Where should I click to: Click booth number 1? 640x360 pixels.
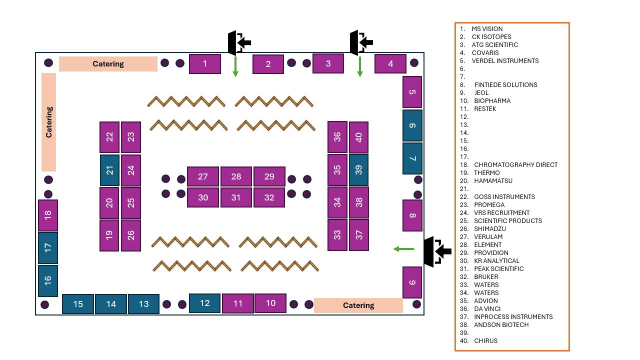[x=205, y=64]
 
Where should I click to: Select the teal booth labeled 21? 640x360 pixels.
[x=109, y=170]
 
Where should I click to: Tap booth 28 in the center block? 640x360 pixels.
[x=236, y=176]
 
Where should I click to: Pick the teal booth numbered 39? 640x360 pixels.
[x=358, y=170]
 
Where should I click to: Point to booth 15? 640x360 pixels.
[x=78, y=304]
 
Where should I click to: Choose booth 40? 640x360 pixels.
[x=358, y=137]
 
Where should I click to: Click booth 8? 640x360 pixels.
[x=412, y=215]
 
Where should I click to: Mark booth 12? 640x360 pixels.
[x=204, y=303]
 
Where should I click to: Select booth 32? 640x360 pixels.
[x=269, y=197]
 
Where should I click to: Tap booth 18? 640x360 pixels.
[x=48, y=215]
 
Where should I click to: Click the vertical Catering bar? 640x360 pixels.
[x=48, y=122]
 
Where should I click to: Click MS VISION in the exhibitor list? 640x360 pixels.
[x=487, y=29]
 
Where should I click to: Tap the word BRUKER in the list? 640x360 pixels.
[x=486, y=276]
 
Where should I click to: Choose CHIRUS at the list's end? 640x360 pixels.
[x=485, y=340]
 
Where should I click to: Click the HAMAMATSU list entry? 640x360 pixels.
[x=493, y=180]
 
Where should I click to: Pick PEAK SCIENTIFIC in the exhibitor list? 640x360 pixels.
[x=499, y=268]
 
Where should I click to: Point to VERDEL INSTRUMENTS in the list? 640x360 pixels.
[x=505, y=61]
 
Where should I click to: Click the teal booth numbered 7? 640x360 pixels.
[x=412, y=158]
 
